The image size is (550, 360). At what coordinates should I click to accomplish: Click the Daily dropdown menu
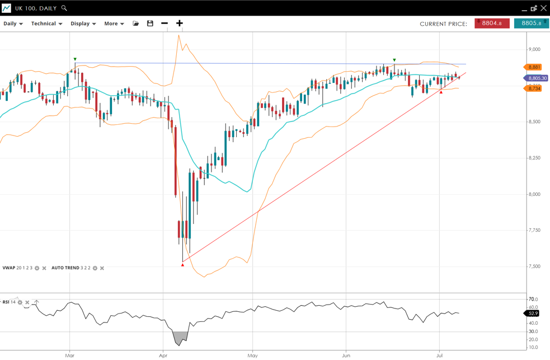13,24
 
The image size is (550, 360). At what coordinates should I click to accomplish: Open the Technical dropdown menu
46,24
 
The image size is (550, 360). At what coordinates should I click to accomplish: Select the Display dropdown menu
83,24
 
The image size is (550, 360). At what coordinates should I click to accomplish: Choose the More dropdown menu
114,24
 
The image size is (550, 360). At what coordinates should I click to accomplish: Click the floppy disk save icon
150,24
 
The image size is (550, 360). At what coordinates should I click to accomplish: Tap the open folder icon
135,24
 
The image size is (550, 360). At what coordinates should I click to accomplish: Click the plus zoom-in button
179,24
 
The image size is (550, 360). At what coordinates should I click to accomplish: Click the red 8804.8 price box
492,24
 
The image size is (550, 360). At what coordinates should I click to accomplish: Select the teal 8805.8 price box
531,24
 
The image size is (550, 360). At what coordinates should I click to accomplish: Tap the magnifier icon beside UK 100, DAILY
64,8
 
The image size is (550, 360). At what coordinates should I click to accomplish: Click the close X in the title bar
543,8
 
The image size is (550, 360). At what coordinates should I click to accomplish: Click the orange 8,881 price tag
534,67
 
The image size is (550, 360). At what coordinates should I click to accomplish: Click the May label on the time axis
252,356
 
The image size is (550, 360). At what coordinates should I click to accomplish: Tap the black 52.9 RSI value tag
533,314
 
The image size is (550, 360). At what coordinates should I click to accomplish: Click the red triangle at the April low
182,265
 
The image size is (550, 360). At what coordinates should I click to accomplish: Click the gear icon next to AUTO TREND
95,268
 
